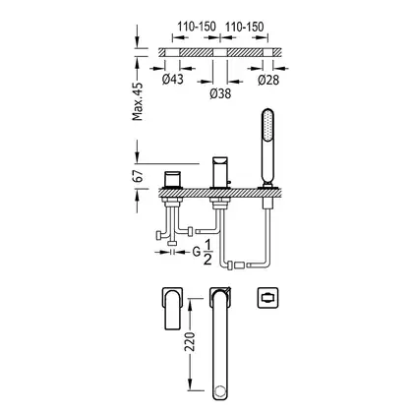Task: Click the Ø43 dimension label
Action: [x=172, y=79]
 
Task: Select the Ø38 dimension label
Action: [x=220, y=93]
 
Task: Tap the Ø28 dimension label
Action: [x=268, y=80]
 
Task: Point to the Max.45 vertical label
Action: [x=138, y=101]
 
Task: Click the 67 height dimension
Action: [x=138, y=176]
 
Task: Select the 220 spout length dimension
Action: [x=189, y=342]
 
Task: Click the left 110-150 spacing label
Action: [x=197, y=27]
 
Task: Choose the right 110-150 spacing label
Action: [x=244, y=27]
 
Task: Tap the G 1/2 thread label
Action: [x=203, y=252]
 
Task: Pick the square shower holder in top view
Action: [x=267, y=298]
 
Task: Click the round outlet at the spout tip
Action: [x=220, y=391]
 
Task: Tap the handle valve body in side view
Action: [x=172, y=179]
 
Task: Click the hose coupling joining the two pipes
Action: [x=238, y=265]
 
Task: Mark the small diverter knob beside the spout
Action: [x=230, y=181]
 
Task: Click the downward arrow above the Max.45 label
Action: [x=138, y=37]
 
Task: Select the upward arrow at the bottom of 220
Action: [x=190, y=384]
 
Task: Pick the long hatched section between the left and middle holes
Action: [x=197, y=52]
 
